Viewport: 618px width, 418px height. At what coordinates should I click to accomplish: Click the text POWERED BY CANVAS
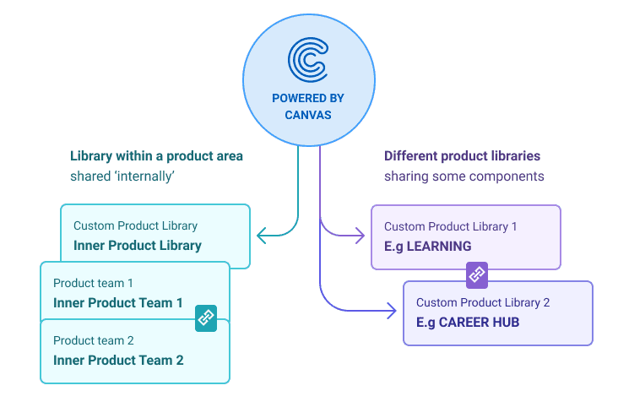tap(307, 106)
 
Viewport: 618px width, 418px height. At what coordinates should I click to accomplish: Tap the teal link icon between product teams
tap(206, 318)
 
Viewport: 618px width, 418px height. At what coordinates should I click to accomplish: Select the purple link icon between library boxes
tap(477, 274)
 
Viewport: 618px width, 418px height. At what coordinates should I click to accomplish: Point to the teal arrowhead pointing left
tap(262, 236)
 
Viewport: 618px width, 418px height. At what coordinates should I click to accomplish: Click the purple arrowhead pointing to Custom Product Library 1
tap(364, 236)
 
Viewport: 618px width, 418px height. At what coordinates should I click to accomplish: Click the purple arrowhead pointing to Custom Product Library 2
tap(391, 312)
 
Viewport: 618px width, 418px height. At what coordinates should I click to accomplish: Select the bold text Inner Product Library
tap(137, 246)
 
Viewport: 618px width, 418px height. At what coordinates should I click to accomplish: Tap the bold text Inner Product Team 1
tap(118, 302)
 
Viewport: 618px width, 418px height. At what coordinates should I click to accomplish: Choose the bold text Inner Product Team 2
tap(118, 360)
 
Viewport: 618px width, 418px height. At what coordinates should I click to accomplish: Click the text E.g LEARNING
tap(427, 246)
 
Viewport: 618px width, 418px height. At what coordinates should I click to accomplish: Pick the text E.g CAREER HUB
tap(468, 322)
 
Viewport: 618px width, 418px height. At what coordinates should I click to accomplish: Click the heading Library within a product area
tap(156, 156)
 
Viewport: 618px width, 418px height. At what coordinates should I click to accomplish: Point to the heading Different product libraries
tap(462, 156)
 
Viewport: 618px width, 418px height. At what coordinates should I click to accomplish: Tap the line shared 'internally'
tap(123, 176)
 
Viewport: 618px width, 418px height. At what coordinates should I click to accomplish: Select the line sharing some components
tap(463, 176)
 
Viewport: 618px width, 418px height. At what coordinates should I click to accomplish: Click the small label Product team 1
tap(93, 283)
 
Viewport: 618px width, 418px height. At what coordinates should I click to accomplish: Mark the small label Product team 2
tap(93, 340)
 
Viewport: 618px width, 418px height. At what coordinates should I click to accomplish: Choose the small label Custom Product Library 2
tap(483, 302)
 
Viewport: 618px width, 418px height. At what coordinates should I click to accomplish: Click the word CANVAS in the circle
tap(307, 115)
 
